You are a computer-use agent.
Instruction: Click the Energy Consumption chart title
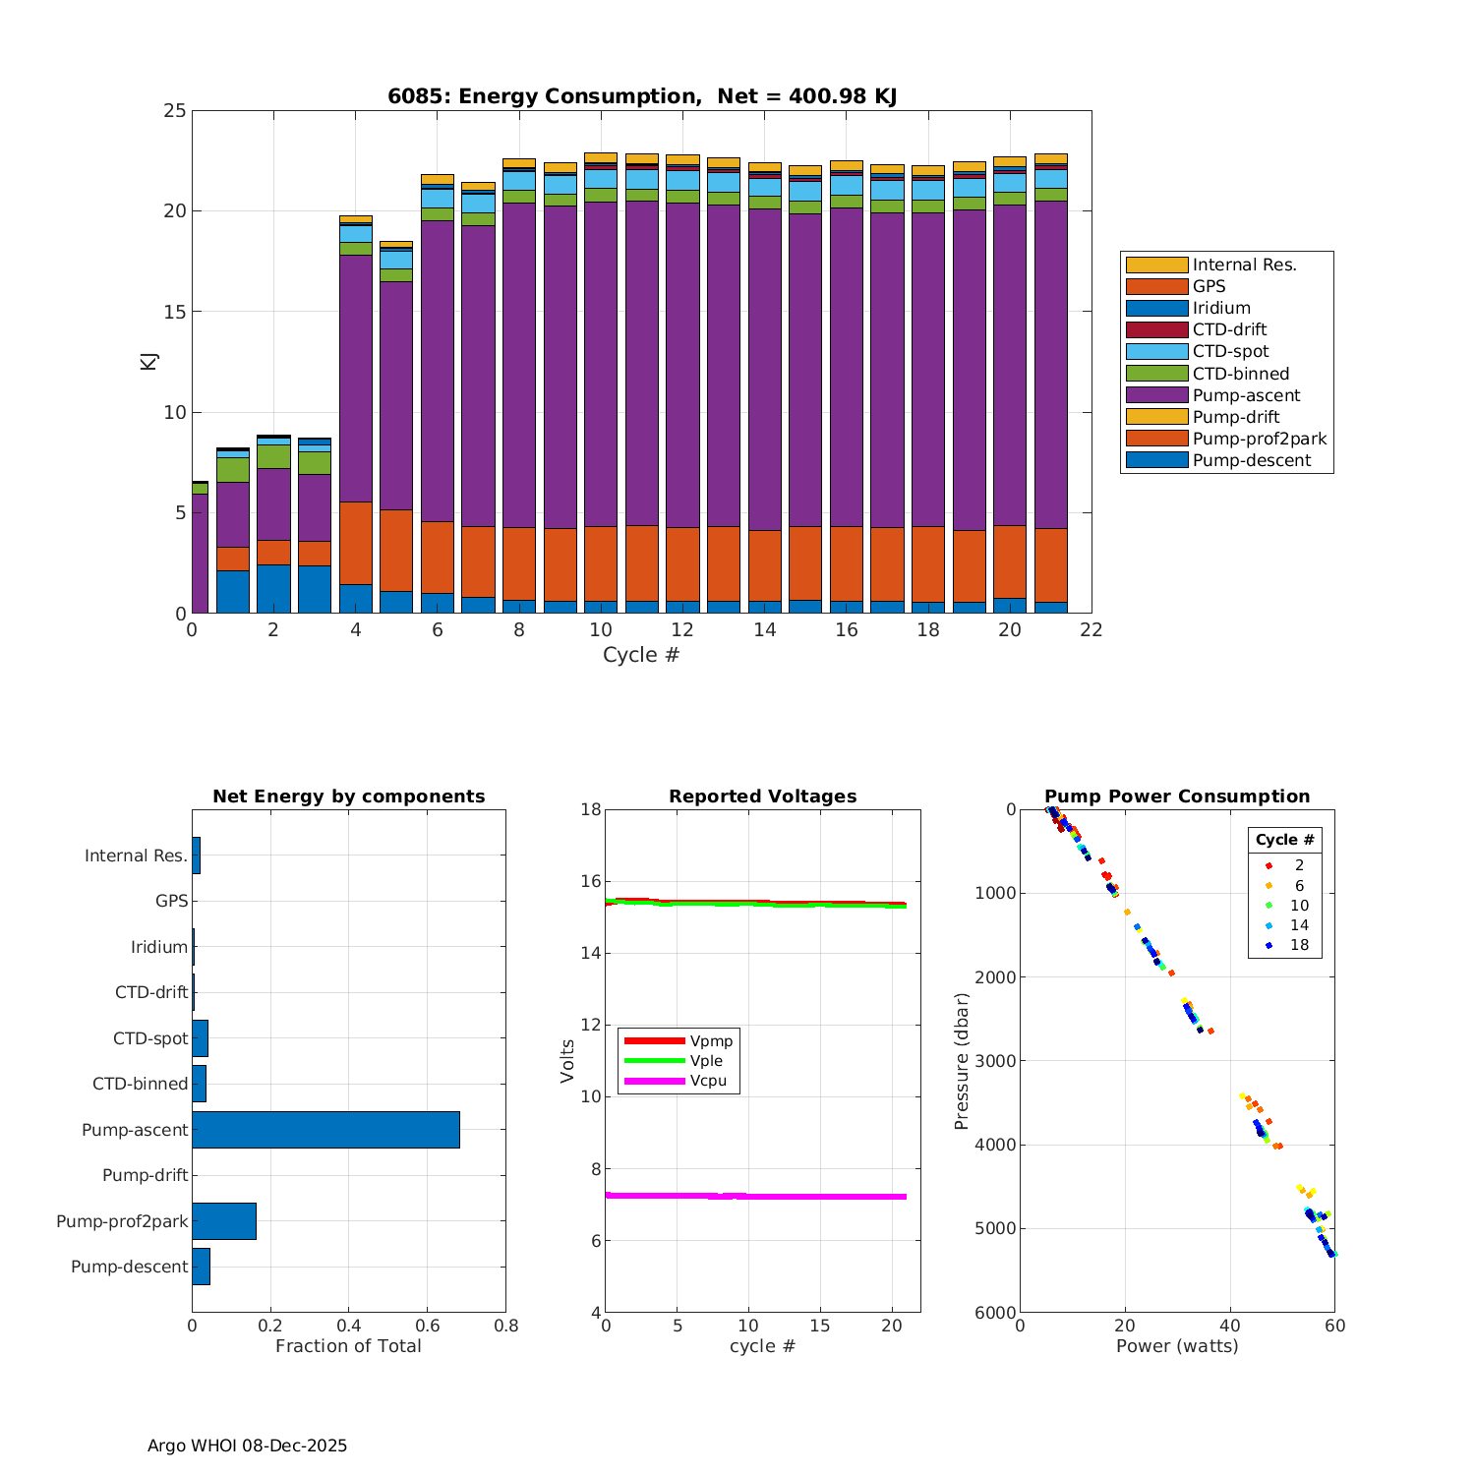coord(641,96)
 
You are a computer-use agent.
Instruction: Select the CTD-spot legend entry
coord(1230,352)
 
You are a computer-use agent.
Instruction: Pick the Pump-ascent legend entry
coord(1246,395)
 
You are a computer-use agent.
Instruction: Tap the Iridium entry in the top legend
coord(1221,309)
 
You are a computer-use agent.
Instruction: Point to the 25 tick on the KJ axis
coord(175,111)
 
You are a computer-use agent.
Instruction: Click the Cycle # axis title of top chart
coord(641,655)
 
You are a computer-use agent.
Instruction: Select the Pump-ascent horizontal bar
coord(325,1130)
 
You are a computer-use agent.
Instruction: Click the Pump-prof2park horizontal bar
coord(224,1221)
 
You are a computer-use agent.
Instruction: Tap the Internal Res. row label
coord(136,855)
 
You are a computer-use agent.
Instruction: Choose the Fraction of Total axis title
coord(348,1346)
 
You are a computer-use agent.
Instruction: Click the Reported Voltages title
coord(762,796)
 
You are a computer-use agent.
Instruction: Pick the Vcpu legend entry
coord(708,1081)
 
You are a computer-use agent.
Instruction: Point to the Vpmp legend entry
coord(711,1041)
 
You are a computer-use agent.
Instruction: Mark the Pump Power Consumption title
coord(1177,796)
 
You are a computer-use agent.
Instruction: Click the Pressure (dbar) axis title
coord(962,1061)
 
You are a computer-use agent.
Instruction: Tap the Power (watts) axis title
coord(1177,1346)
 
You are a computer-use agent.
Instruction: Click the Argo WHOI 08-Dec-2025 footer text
coord(247,1445)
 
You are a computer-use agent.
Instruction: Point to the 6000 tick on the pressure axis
coord(996,1313)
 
